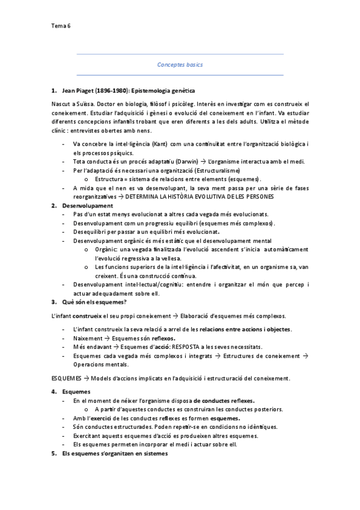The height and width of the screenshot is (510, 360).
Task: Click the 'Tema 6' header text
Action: click(61, 26)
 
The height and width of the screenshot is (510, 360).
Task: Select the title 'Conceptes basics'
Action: click(180, 64)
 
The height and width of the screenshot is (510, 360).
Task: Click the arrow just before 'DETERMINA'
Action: click(121, 197)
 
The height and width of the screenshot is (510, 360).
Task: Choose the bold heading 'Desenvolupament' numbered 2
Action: click(87, 206)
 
